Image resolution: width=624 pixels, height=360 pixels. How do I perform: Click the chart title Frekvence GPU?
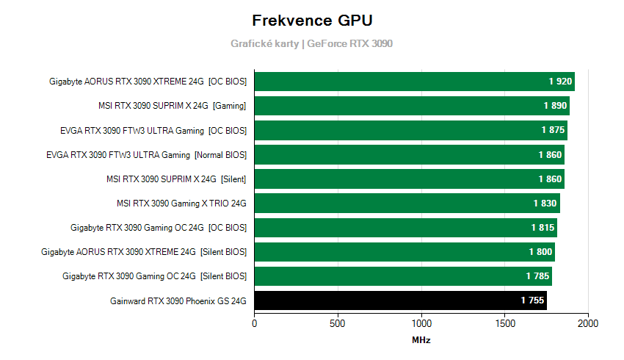click(311, 20)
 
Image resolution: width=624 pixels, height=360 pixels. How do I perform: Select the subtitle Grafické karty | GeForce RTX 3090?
click(311, 44)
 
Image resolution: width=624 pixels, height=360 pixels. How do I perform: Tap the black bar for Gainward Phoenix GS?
click(400, 300)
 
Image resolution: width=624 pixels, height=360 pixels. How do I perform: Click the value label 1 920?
click(559, 82)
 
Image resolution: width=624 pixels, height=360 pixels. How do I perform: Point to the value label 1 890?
click(555, 106)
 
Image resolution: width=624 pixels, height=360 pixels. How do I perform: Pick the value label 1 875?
click(553, 130)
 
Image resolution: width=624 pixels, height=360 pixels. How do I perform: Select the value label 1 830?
click(545, 204)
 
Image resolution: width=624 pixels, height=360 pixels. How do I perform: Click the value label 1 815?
click(543, 228)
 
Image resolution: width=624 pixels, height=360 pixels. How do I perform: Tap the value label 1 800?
click(540, 252)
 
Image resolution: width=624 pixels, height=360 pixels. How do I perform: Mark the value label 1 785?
click(538, 276)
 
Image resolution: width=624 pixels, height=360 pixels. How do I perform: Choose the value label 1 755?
click(533, 300)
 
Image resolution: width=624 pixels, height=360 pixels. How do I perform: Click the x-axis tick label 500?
click(338, 323)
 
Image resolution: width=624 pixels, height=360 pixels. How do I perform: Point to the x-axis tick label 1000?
click(421, 323)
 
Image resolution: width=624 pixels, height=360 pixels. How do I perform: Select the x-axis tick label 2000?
click(588, 323)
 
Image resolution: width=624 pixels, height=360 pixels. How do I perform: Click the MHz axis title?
click(421, 341)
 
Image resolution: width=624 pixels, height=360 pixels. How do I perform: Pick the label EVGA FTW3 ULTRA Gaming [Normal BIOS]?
click(146, 155)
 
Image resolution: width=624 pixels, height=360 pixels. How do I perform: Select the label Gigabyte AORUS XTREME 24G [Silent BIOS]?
click(144, 252)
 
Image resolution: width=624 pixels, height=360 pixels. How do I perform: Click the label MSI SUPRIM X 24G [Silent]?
click(176, 179)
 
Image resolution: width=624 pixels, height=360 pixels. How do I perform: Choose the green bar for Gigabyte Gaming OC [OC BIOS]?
click(405, 228)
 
